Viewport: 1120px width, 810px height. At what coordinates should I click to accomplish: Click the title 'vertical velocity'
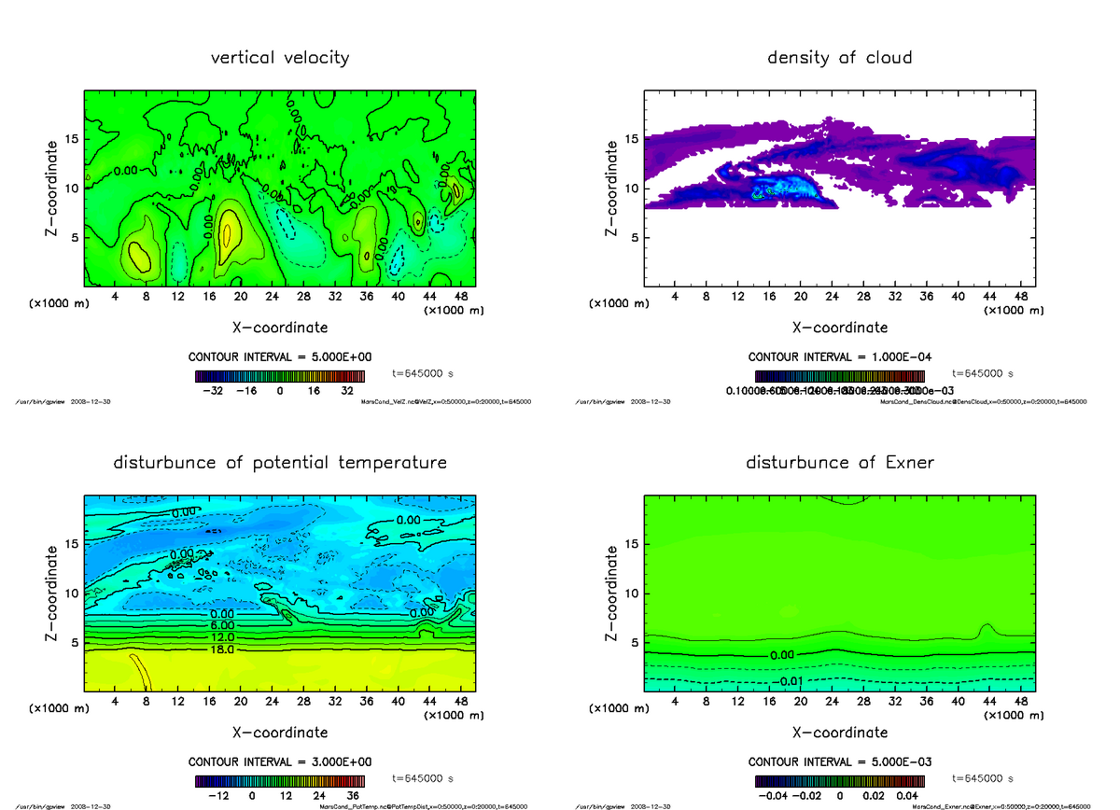[x=280, y=58]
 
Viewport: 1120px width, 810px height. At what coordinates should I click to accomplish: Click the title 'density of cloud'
[x=839, y=58]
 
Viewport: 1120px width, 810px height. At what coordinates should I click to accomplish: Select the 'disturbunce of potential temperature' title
[x=280, y=463]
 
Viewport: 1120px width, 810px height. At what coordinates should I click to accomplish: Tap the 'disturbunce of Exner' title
[x=839, y=463]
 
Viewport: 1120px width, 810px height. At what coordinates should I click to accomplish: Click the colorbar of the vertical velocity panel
[x=279, y=377]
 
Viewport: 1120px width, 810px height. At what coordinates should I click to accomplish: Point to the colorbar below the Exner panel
[x=839, y=781]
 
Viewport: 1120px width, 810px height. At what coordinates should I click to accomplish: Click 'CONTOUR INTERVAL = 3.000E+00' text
[x=280, y=761]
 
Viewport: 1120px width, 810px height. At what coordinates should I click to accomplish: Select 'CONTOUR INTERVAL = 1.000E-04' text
[x=839, y=357]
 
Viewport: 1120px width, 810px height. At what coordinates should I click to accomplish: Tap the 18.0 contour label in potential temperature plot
[x=196, y=649]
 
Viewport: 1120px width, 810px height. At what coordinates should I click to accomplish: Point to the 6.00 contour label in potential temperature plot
[x=196, y=625]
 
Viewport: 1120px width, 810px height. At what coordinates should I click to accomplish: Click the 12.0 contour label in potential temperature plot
[x=196, y=637]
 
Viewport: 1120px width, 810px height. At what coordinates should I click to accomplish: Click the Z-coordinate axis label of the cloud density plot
[x=612, y=189]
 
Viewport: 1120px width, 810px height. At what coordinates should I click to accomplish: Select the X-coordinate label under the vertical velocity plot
[x=280, y=328]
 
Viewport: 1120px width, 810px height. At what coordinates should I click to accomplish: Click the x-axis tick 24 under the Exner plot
[x=832, y=701]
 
